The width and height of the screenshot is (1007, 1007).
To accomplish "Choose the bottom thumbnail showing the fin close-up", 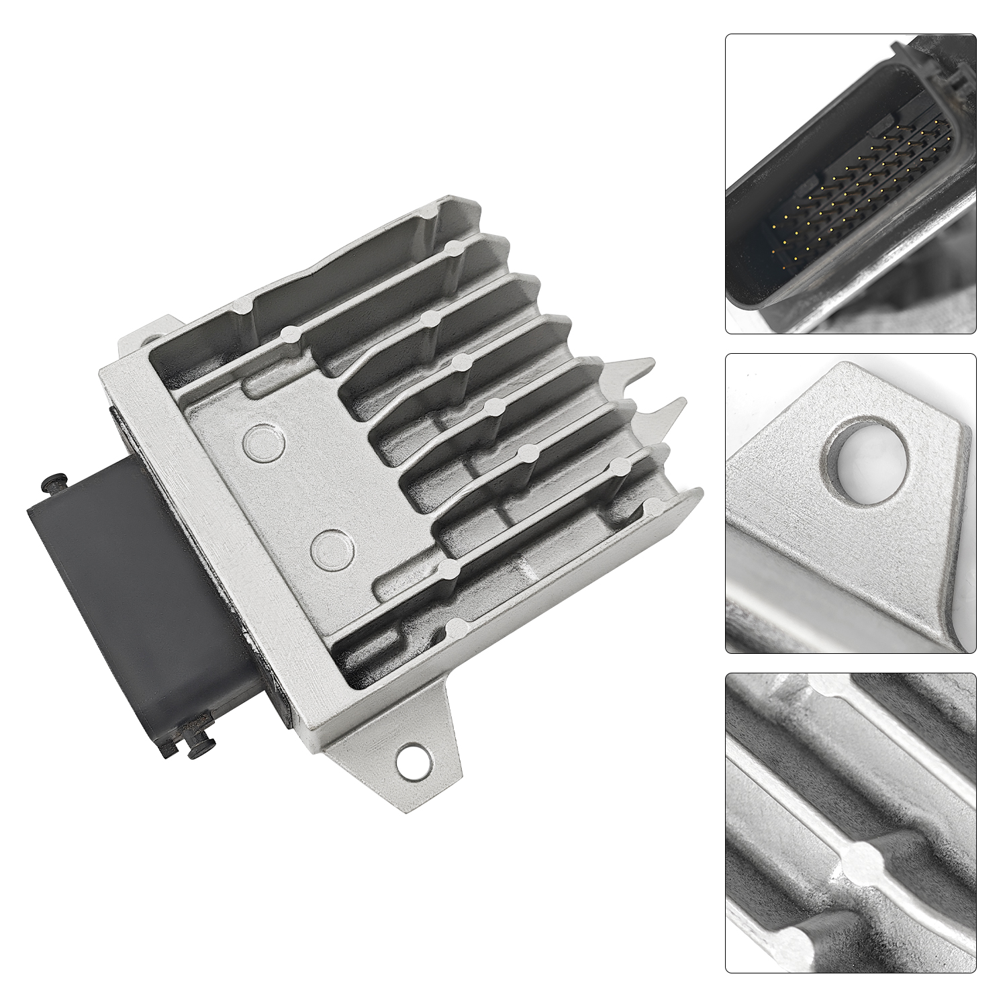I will tap(851, 823).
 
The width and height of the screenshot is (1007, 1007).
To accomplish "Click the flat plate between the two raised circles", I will tap(295, 490).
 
